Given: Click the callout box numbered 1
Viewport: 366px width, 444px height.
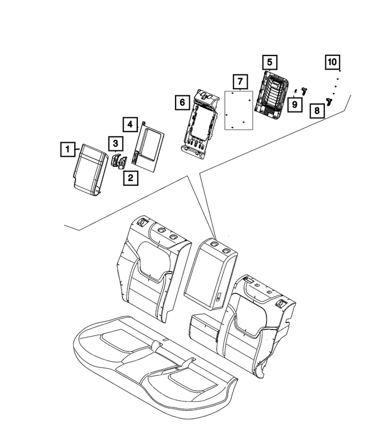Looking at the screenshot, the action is tap(67, 149).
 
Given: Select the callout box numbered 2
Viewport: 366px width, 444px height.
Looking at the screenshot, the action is tap(130, 178).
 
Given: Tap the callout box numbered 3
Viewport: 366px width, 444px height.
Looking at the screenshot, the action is tap(116, 143).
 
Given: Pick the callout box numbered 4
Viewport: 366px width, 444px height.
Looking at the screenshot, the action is tap(130, 125).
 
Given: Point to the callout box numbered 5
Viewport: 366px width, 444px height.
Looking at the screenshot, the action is tap(269, 62).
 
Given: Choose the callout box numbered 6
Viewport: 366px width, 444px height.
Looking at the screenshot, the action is tap(182, 102).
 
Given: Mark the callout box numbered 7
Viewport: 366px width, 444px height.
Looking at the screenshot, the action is tap(240, 82).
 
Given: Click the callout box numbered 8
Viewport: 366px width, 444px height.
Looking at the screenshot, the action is tap(317, 110).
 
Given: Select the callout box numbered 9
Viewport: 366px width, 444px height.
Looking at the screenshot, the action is tap(295, 105).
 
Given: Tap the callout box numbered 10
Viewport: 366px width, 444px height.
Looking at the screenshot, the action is tap(332, 62).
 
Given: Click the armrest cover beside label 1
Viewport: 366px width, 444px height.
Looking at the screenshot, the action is tap(90, 170).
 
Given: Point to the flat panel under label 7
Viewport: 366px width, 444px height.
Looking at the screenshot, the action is tap(238, 110).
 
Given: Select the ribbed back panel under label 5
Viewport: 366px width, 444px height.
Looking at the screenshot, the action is tap(272, 95).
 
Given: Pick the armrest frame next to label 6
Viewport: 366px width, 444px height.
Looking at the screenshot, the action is tap(200, 122).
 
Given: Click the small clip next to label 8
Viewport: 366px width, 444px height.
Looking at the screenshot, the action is tap(329, 101).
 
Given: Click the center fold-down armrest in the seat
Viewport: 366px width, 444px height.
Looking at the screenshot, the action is tap(210, 273).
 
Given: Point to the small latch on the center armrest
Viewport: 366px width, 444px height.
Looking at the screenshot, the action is tap(219, 297).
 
